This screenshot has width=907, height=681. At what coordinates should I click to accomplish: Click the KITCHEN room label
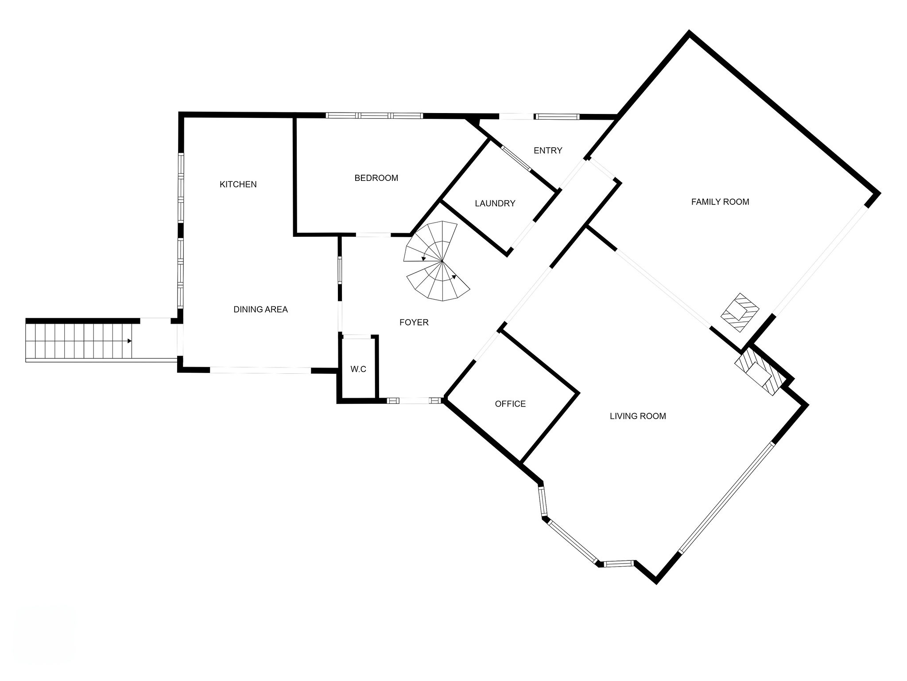(x=238, y=184)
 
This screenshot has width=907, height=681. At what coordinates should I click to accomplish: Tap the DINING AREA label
(x=260, y=309)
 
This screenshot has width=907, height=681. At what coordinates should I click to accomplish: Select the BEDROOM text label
(x=376, y=178)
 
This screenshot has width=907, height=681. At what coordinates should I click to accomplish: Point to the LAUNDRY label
(x=495, y=204)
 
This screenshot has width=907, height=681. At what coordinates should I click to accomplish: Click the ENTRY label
(x=547, y=151)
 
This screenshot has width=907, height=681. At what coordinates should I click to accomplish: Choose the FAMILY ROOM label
(x=720, y=202)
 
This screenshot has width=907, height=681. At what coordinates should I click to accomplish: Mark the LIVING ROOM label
(x=637, y=416)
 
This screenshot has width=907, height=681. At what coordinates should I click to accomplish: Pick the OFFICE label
(x=510, y=404)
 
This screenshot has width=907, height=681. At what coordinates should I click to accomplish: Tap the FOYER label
(x=414, y=322)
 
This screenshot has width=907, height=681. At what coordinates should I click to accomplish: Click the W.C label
(x=358, y=369)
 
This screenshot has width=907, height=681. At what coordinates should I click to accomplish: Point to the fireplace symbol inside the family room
(x=740, y=312)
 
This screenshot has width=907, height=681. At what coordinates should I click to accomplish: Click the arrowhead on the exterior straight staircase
(x=129, y=341)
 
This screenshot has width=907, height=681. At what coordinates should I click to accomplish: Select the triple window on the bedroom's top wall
(x=374, y=116)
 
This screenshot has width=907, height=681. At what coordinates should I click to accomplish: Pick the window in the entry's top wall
(x=557, y=117)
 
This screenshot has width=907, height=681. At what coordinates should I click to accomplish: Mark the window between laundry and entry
(x=516, y=158)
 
